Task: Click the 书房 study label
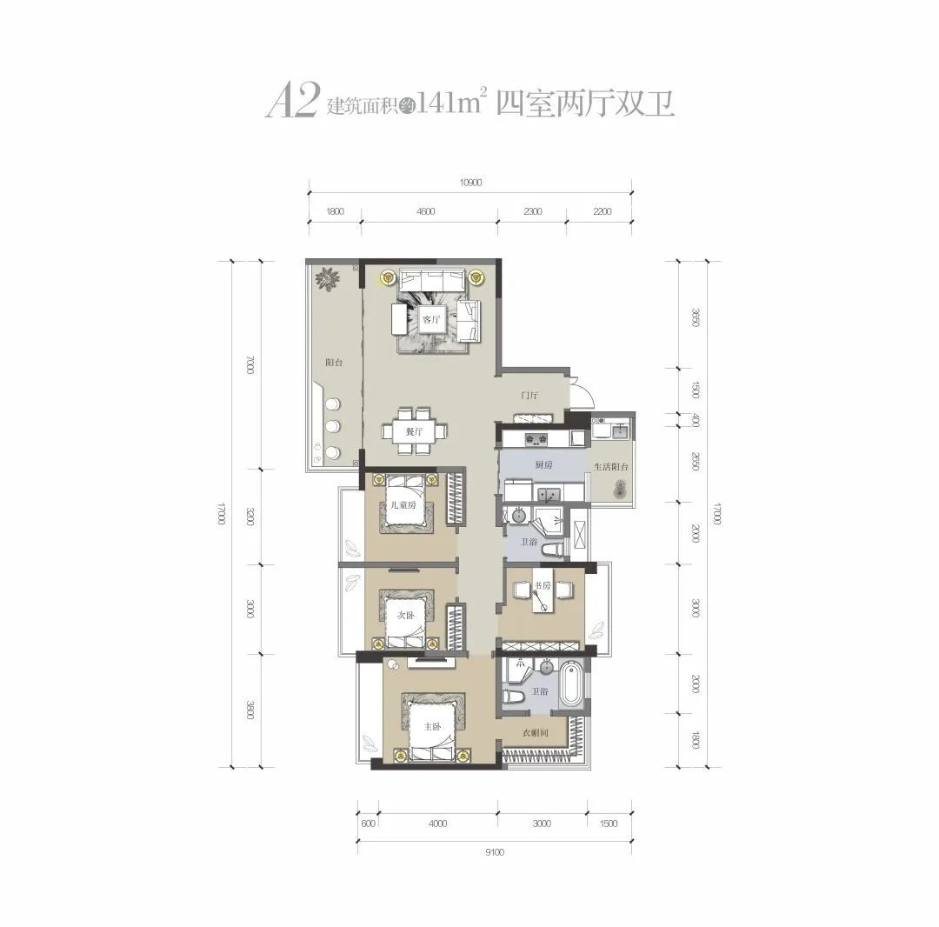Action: pyautogui.click(x=543, y=585)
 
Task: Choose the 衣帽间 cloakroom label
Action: pyautogui.click(x=535, y=733)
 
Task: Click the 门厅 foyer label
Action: pyautogui.click(x=529, y=396)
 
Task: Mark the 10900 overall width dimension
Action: pyautogui.click(x=469, y=183)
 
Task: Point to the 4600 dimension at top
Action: pyautogui.click(x=425, y=211)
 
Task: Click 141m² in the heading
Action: pyautogui.click(x=450, y=103)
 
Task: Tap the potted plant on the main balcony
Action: pyautogui.click(x=328, y=278)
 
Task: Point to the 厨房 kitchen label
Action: pyautogui.click(x=544, y=466)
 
